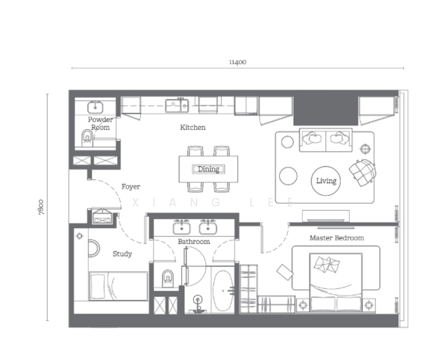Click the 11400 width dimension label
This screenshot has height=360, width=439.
tap(237, 62)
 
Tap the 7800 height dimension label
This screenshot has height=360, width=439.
tap(41, 207)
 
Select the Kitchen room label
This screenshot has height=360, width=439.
tap(193, 127)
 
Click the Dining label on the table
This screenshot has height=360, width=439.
tap(209, 169)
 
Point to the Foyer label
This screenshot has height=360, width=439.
tap(131, 187)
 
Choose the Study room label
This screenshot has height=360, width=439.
tap(122, 254)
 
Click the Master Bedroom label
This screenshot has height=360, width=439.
tap(337, 238)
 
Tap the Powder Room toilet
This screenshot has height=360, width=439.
tap(88, 138)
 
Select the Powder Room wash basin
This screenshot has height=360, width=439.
tap(95, 107)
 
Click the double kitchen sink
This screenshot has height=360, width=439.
tap(177, 106)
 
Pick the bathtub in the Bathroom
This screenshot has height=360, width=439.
tap(223, 290)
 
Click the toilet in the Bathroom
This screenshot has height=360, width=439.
tap(168, 278)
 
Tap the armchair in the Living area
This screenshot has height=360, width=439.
tap(362, 172)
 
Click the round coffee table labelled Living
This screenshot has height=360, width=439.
tap(326, 181)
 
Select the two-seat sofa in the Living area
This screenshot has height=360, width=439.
tap(326, 140)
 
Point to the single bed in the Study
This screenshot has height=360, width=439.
tap(118, 286)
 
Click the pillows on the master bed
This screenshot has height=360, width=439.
tap(327, 264)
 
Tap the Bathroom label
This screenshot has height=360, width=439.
tap(194, 241)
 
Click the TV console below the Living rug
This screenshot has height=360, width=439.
tap(326, 216)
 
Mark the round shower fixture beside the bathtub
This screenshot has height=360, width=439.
tap(198, 300)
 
